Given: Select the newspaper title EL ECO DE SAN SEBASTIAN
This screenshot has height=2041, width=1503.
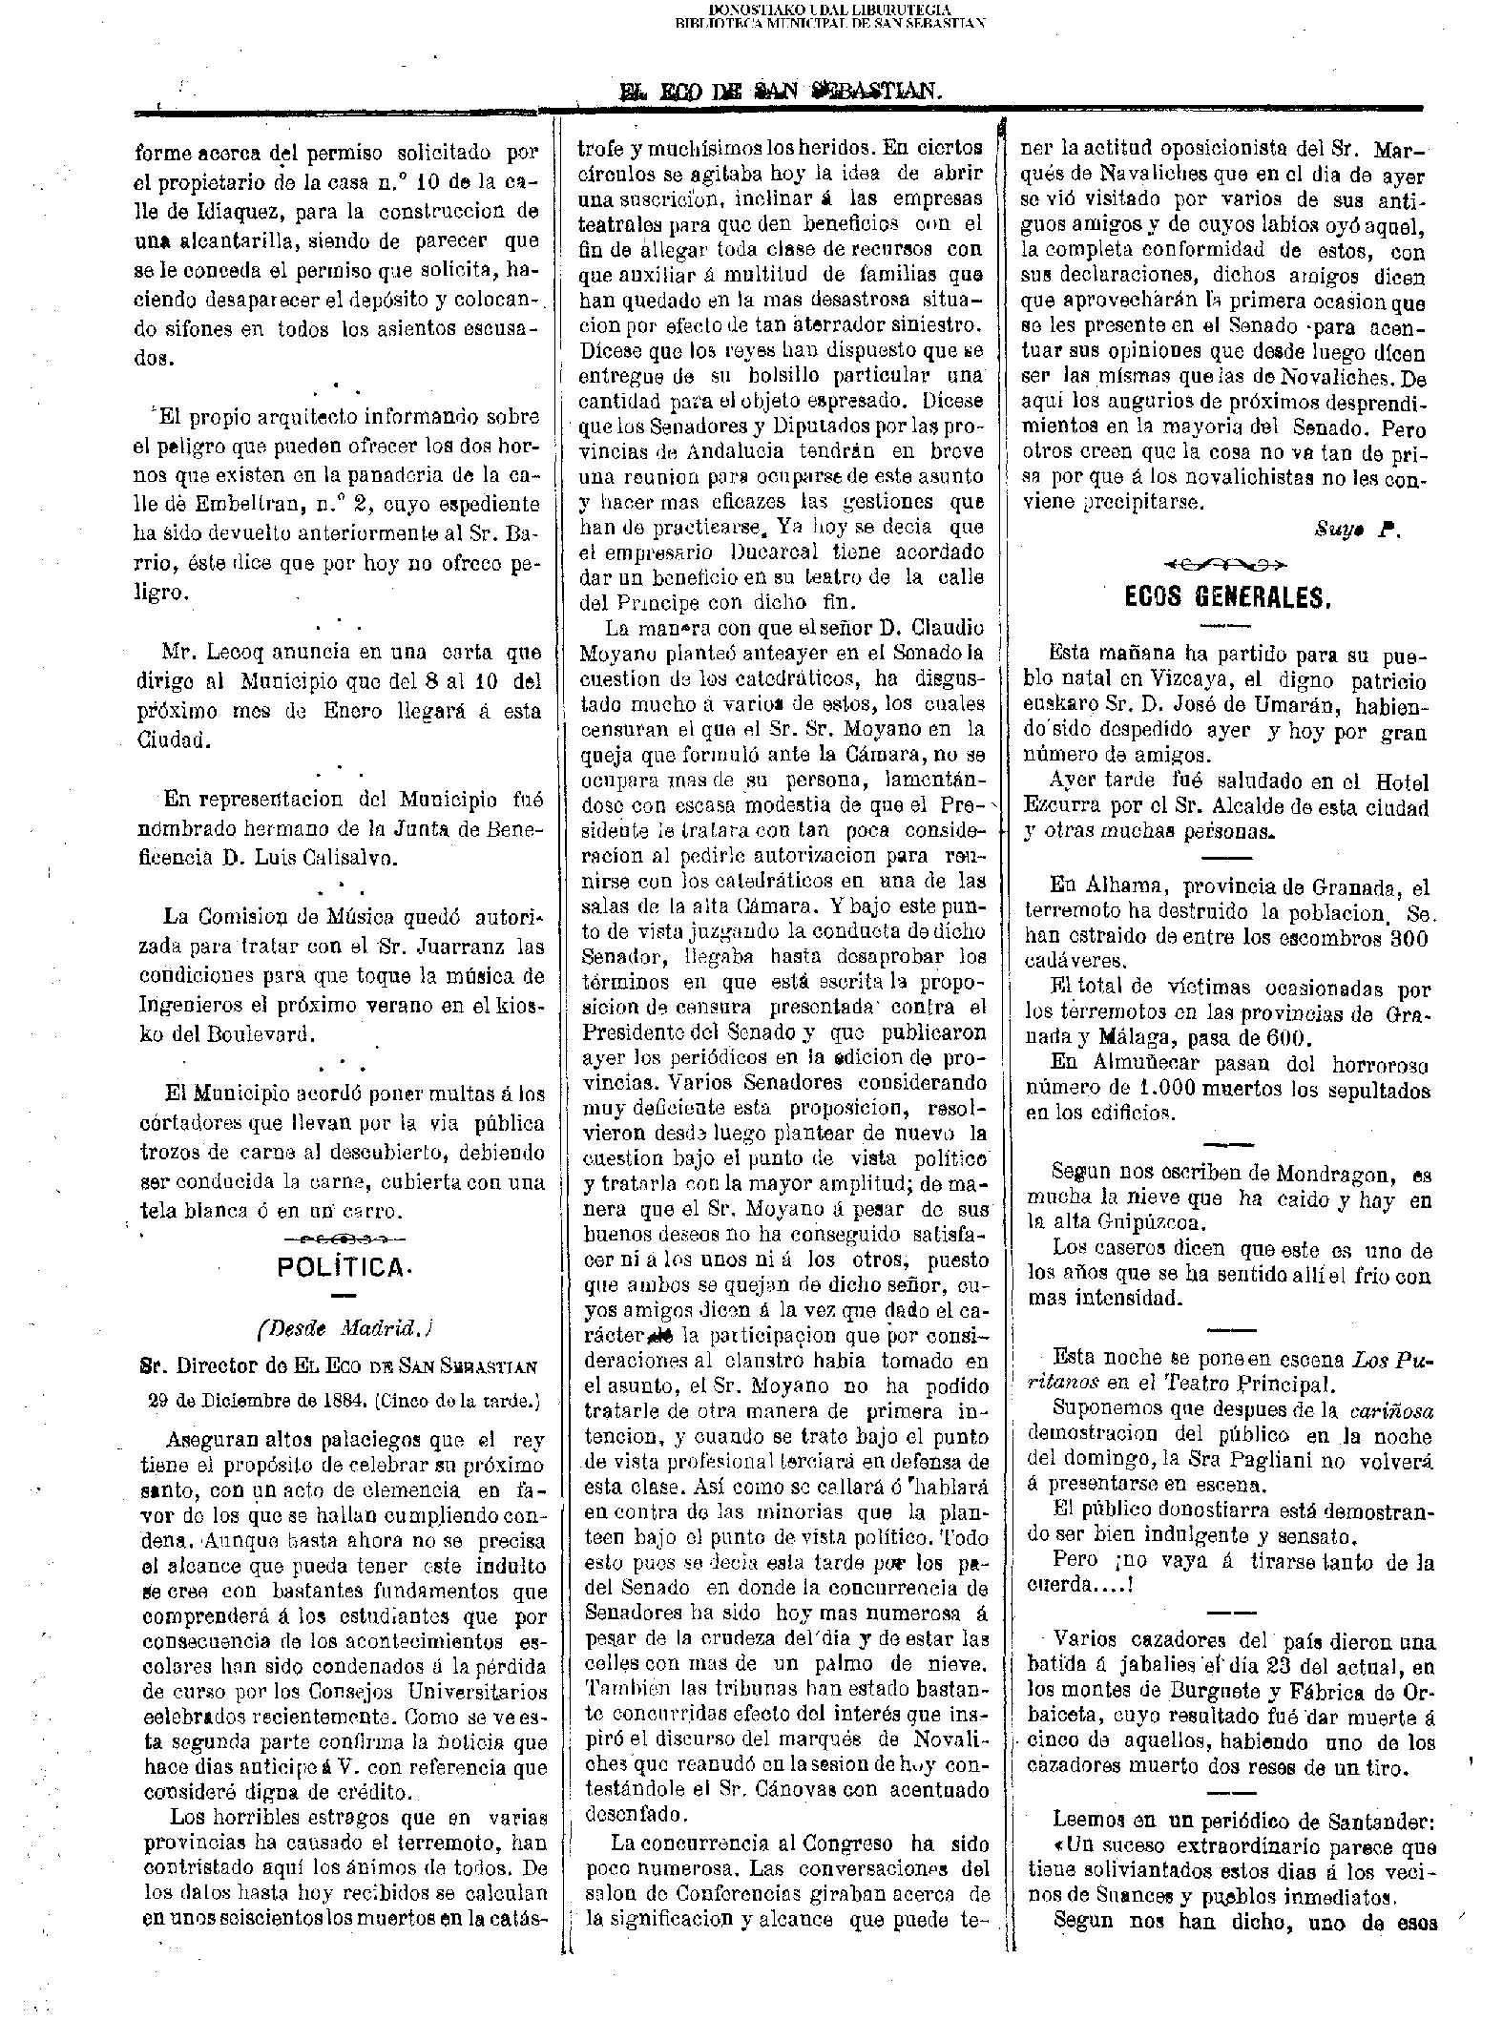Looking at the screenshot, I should point(781,92).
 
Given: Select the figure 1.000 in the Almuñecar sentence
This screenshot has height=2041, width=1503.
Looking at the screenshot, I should point(1170,1088).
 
